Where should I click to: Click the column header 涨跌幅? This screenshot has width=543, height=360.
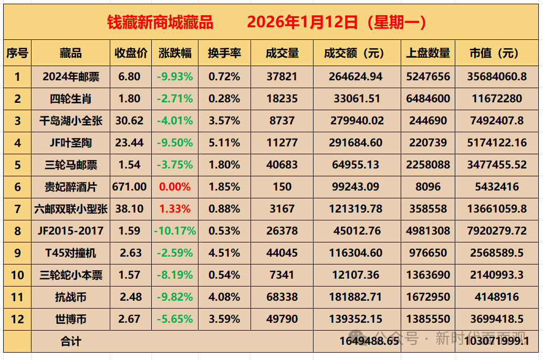(175, 54)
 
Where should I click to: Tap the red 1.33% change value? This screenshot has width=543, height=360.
(175, 209)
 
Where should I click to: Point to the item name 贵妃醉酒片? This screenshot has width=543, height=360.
(71, 187)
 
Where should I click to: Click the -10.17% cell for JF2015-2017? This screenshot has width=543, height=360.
(175, 231)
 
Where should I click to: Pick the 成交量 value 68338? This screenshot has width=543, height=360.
(282, 297)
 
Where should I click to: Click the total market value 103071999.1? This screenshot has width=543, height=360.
(496, 341)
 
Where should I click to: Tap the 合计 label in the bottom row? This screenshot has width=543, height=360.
(71, 342)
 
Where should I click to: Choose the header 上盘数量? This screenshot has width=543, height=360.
(428, 54)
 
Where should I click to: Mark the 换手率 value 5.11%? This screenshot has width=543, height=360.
(224, 143)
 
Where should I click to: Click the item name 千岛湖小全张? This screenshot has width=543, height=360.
(71, 121)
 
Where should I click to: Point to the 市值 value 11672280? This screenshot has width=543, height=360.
(496, 99)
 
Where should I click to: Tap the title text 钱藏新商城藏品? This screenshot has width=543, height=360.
(160, 22)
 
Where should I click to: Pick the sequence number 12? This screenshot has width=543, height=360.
(17, 319)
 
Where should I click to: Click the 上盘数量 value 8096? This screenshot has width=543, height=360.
(428, 187)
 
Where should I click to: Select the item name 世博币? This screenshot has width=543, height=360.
(71, 319)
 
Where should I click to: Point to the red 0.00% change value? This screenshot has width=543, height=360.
(175, 187)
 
